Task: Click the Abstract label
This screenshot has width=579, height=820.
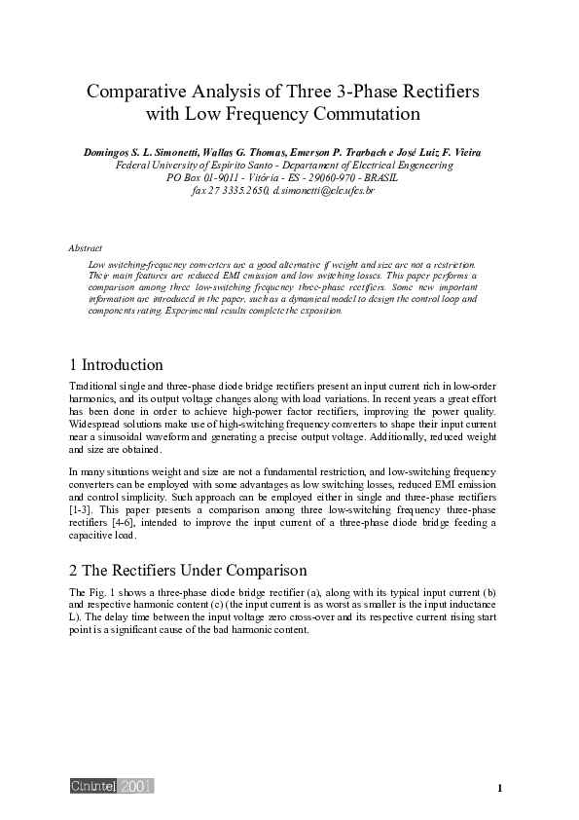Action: click(x=86, y=249)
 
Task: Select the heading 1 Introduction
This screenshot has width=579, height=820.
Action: click(x=116, y=365)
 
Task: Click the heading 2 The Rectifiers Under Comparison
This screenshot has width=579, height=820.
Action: click(x=189, y=570)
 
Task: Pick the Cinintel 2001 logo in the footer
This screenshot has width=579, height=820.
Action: click(x=111, y=786)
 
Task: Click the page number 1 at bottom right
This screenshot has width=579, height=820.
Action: click(x=499, y=788)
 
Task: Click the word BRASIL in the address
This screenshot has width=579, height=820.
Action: click(x=405, y=178)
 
